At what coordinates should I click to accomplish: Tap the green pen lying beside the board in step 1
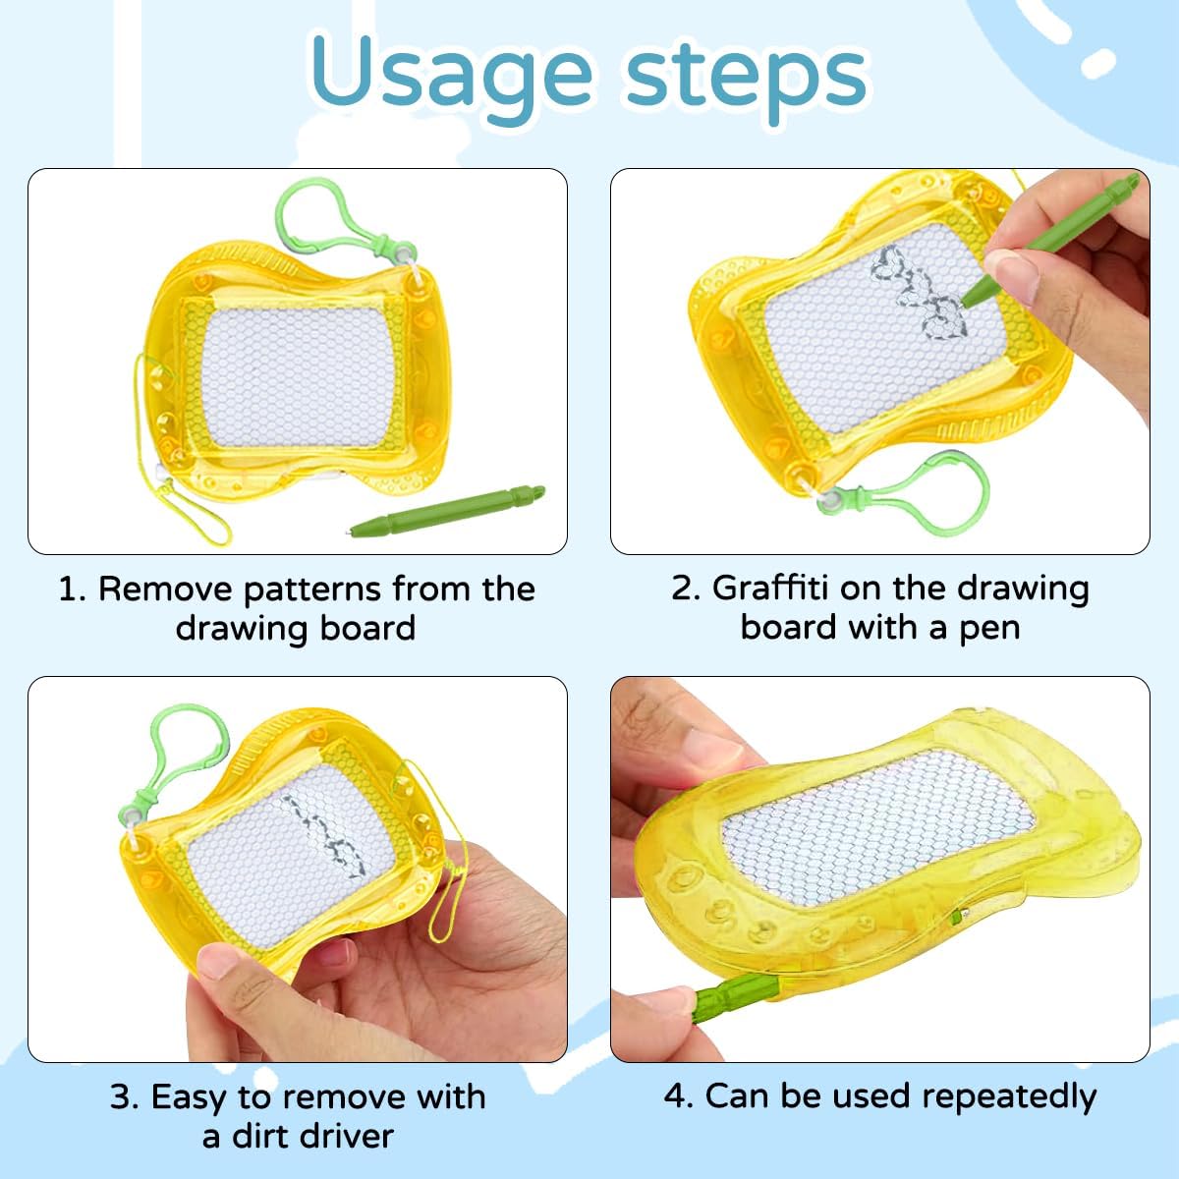coord(447,510)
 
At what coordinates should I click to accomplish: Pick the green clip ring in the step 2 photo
coord(936,489)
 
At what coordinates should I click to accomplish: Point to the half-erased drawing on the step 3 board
coord(324,835)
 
